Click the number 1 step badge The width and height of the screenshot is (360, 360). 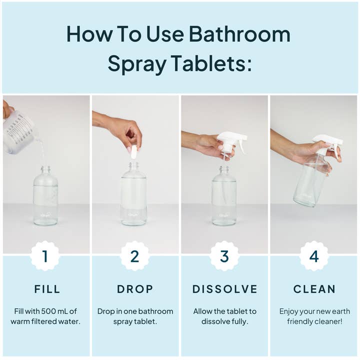[45, 256]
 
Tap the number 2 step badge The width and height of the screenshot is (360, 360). [134, 256]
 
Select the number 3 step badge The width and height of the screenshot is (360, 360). [224, 256]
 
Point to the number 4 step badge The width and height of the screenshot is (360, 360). [313, 256]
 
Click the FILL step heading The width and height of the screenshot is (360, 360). [47, 289]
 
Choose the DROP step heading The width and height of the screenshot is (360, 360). [134, 289]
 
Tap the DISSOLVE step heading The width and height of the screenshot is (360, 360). [225, 289]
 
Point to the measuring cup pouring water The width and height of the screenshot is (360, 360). [18, 131]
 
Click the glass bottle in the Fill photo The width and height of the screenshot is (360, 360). [45, 197]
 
